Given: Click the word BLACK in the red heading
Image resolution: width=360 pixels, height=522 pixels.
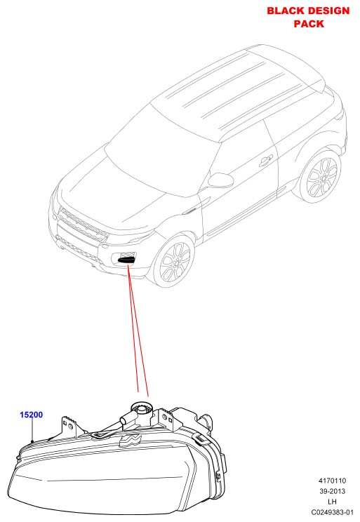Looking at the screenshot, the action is tap(286, 11).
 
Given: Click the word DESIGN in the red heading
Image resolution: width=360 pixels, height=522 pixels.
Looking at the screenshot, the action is tap(328, 11).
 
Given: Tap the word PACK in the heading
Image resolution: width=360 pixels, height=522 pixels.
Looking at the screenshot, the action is tap(309, 24).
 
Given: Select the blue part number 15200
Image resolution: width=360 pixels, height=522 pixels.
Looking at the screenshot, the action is tap(32, 415).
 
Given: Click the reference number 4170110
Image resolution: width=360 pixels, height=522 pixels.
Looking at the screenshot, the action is tap(332, 481).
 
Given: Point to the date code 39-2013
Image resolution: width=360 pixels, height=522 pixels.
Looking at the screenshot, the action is tap(332, 491).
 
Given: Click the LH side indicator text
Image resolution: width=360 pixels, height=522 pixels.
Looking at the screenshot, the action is tap(332, 502).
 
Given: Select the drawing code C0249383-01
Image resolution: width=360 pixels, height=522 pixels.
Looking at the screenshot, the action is tap(332, 512).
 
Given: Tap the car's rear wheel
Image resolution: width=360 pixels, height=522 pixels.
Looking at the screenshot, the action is tap(320, 177).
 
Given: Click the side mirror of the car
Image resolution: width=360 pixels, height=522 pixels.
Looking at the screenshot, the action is tap(220, 180).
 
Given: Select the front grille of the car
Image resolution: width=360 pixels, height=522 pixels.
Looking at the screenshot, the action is tap(84, 224).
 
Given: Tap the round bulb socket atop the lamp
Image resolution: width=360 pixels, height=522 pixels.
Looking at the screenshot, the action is tap(142, 408).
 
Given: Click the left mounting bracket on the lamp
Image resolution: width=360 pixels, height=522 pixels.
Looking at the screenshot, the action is tap(70, 427).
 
